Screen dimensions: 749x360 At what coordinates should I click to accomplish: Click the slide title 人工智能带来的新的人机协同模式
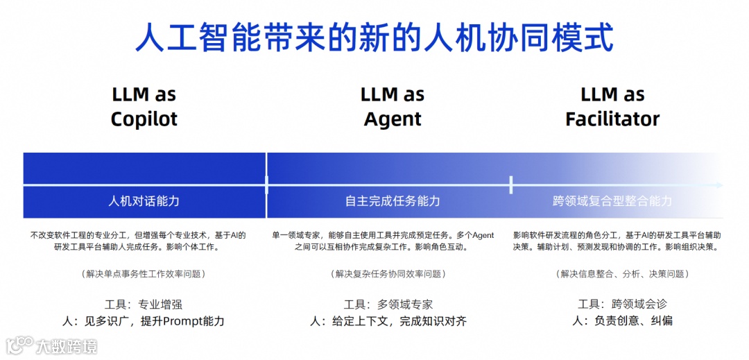pyautogui.click(x=374, y=37)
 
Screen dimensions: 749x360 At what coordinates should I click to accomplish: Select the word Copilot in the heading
pyautogui.click(x=144, y=119)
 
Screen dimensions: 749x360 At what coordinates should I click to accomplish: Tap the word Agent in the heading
pyautogui.click(x=393, y=119)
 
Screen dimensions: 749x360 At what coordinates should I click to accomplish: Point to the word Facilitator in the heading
pyautogui.click(x=612, y=119)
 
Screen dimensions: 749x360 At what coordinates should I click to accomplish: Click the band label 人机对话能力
pyautogui.click(x=144, y=201)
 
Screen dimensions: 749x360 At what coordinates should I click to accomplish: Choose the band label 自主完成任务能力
pyautogui.click(x=393, y=201)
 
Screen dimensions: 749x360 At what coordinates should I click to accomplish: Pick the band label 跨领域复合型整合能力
pyautogui.click(x=612, y=201)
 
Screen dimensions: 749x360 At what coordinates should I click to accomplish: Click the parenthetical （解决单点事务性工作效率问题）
pyautogui.click(x=144, y=274)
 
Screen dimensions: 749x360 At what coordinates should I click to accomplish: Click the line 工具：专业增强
pyautogui.click(x=144, y=304)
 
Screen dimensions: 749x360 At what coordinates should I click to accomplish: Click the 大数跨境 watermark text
pyautogui.click(x=66, y=345)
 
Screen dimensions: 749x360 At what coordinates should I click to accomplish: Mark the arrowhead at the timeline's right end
pyautogui.click(x=721, y=185)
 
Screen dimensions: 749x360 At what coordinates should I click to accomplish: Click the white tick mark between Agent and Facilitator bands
pyautogui.click(x=511, y=185)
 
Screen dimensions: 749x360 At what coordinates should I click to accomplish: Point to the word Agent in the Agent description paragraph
pyautogui.click(x=483, y=236)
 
